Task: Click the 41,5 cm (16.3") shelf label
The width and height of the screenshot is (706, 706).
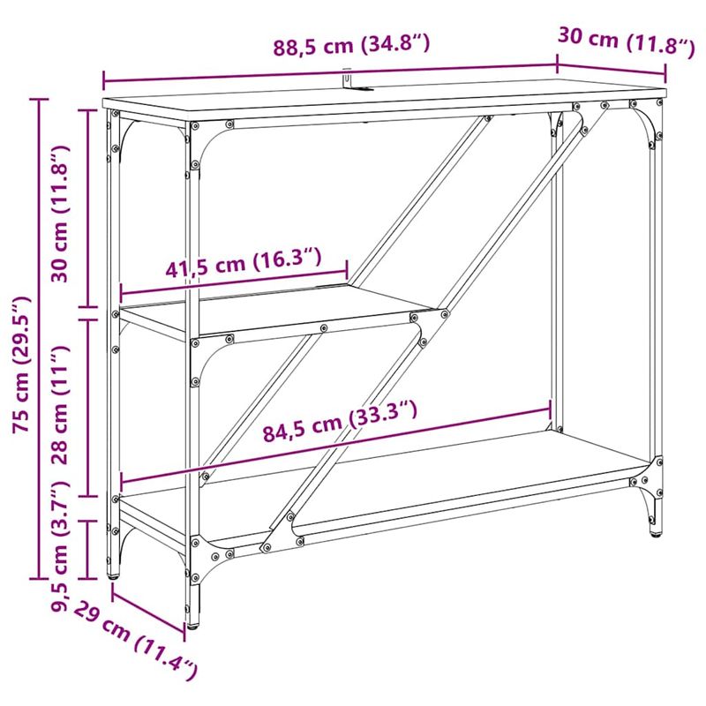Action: pos(244,264)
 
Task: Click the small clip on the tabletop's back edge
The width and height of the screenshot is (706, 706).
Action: pos(349,81)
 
